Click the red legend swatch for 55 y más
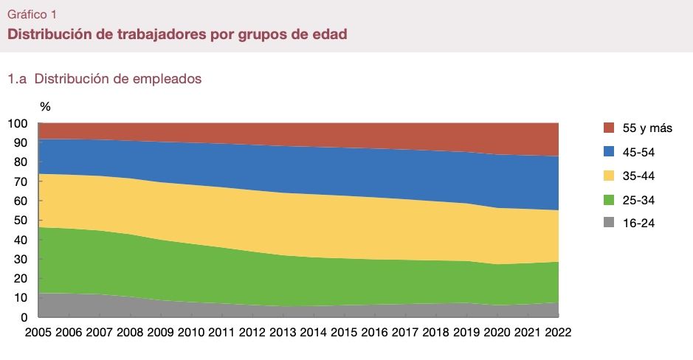[x=610, y=128]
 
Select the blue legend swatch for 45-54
[x=610, y=152]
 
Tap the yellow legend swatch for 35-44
[x=610, y=176]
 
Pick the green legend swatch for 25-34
[x=610, y=200]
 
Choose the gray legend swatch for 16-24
[x=610, y=224]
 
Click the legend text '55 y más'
[x=647, y=128]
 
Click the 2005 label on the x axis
[x=39, y=332]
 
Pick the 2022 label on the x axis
[x=558, y=332]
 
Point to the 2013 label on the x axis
[x=283, y=332]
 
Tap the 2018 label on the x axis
[x=435, y=332]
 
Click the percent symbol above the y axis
[x=45, y=107]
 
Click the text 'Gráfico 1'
[x=31, y=14]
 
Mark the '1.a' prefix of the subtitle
[x=18, y=78]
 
